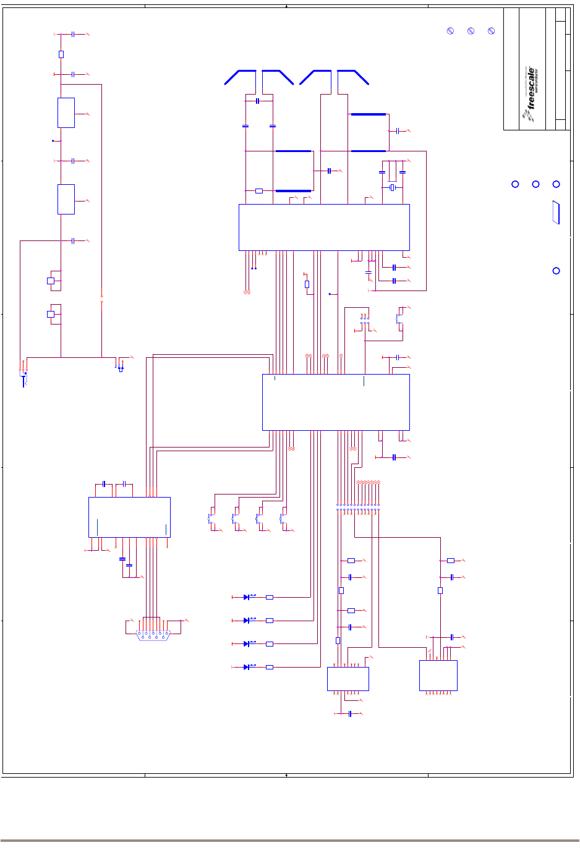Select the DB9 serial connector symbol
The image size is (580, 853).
[x=153, y=635]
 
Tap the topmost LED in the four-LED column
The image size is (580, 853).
[x=247, y=597]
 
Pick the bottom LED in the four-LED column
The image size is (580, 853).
[x=247, y=667]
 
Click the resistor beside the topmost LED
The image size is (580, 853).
[x=270, y=597]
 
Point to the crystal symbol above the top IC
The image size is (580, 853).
[x=392, y=187]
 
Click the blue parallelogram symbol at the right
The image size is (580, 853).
[x=557, y=213]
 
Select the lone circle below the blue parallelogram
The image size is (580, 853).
[x=557, y=271]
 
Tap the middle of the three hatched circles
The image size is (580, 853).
[x=471, y=31]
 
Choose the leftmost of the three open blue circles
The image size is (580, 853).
[x=515, y=184]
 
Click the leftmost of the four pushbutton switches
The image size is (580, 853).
[x=211, y=519]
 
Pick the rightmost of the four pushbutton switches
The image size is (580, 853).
[x=283, y=519]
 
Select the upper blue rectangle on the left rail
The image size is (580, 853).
[x=66, y=112]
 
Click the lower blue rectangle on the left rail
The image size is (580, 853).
[x=66, y=199]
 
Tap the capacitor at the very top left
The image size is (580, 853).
[x=73, y=35]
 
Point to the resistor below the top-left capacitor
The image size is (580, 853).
[x=61, y=54]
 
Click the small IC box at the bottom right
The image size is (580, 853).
[x=438, y=676]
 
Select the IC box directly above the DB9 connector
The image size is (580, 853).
[x=129, y=517]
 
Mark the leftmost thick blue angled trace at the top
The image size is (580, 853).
[x=239, y=77]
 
